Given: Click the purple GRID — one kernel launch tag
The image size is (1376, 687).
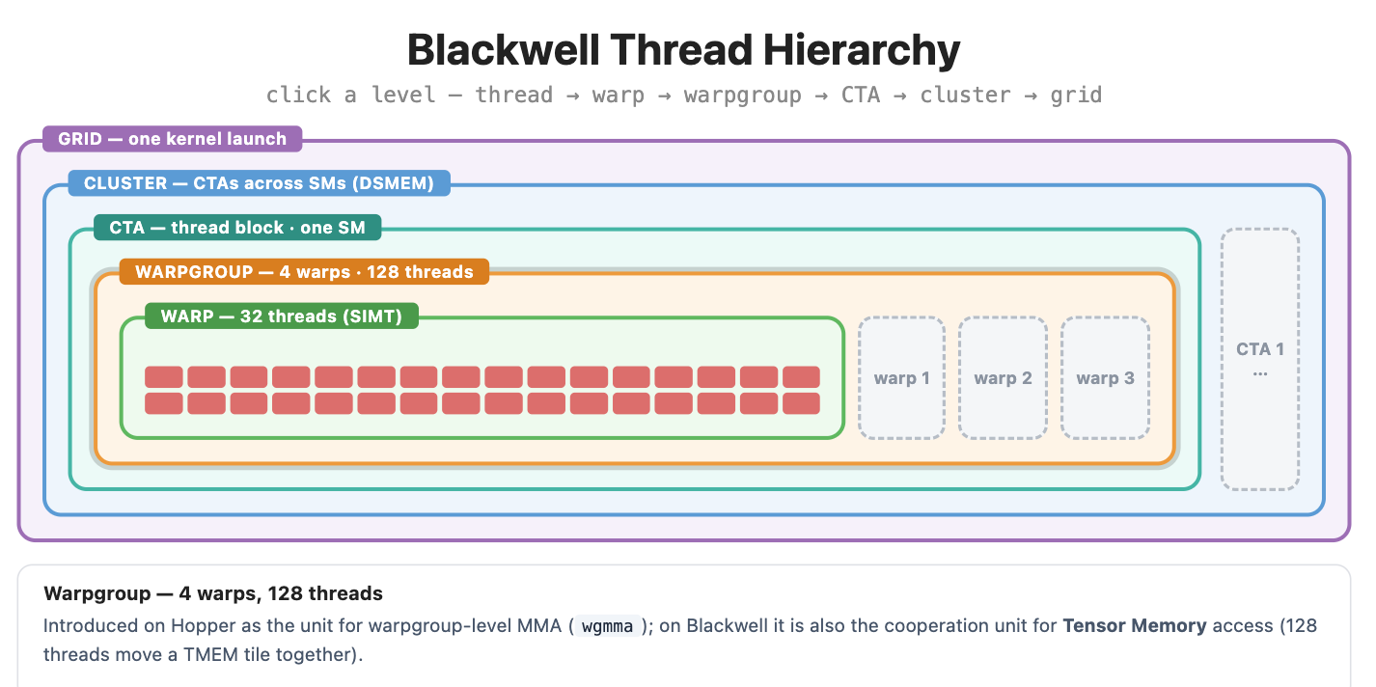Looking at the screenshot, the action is click(172, 139).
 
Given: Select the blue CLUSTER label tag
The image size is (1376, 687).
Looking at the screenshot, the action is click(259, 183).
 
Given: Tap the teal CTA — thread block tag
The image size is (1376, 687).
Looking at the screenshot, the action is click(237, 228).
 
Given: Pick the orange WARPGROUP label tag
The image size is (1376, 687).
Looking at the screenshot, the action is click(304, 271).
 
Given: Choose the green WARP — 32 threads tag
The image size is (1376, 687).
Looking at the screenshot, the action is click(282, 316).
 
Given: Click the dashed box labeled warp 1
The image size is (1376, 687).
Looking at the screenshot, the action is click(901, 378).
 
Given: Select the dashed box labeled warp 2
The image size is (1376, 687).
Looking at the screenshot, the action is click(1003, 378).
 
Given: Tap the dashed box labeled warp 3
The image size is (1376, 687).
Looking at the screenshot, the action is click(1105, 378).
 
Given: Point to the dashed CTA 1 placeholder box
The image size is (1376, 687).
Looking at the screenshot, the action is click(1260, 360).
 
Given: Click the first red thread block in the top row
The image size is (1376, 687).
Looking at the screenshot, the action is click(163, 376).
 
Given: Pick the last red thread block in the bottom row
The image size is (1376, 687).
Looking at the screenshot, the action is click(801, 403).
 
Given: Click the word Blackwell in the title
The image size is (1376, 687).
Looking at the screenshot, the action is click(503, 50).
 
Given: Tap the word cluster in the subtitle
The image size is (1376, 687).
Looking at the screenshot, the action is click(964, 96).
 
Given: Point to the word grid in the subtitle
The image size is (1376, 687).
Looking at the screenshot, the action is click(1076, 96).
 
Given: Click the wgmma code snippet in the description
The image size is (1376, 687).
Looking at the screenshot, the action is click(607, 626).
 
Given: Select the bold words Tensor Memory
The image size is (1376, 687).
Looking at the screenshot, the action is click(1135, 625).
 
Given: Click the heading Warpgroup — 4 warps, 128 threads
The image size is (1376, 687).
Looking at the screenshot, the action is click(213, 593).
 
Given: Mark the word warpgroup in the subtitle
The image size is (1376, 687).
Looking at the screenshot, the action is click(743, 96).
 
